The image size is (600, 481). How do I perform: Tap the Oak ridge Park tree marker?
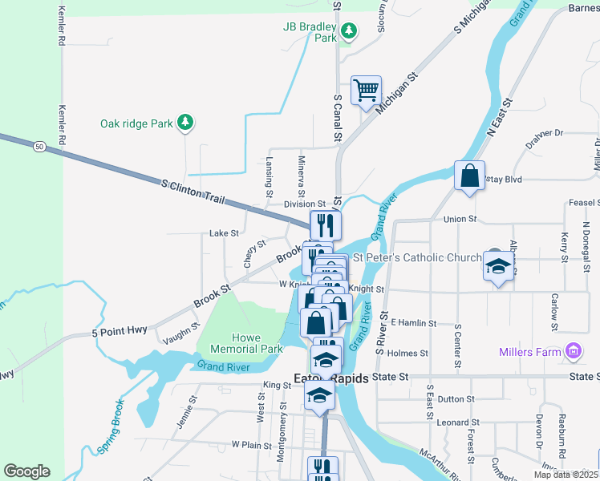[x=186, y=122]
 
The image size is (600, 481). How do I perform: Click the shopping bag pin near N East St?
[x=469, y=175]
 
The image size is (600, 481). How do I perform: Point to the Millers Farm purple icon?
[x=573, y=351]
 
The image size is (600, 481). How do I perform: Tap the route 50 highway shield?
[x=39, y=147]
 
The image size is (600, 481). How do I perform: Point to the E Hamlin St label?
[x=413, y=323]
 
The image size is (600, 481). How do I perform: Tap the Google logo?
[x=27, y=471]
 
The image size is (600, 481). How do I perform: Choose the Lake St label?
[x=224, y=233]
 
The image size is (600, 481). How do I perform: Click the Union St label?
[x=460, y=219]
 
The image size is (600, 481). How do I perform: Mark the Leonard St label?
[x=458, y=422]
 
